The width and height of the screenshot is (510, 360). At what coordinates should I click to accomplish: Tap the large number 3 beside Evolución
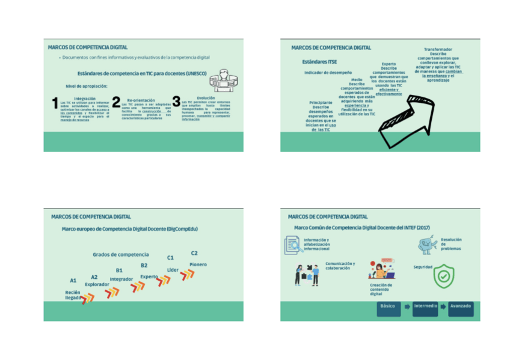(x=176, y=102)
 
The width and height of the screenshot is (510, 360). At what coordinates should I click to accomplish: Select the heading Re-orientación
(x=141, y=100)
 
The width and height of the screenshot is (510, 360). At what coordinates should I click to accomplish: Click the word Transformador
(x=438, y=49)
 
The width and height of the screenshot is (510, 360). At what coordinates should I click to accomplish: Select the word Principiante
(x=321, y=103)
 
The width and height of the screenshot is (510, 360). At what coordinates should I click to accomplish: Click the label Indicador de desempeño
(x=328, y=73)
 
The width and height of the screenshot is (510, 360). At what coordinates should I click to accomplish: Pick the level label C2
(x=194, y=253)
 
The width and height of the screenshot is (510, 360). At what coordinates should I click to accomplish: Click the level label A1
(x=73, y=280)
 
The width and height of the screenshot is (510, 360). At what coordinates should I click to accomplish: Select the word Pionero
(x=198, y=264)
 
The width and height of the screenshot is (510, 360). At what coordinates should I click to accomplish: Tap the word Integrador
(x=121, y=279)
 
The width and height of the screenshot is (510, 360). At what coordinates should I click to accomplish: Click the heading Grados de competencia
(x=121, y=255)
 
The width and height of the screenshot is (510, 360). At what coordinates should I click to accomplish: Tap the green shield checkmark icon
(x=444, y=275)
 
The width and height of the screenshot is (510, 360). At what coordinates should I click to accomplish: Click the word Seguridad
(x=423, y=267)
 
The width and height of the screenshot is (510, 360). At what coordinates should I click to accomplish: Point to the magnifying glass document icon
(x=293, y=244)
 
